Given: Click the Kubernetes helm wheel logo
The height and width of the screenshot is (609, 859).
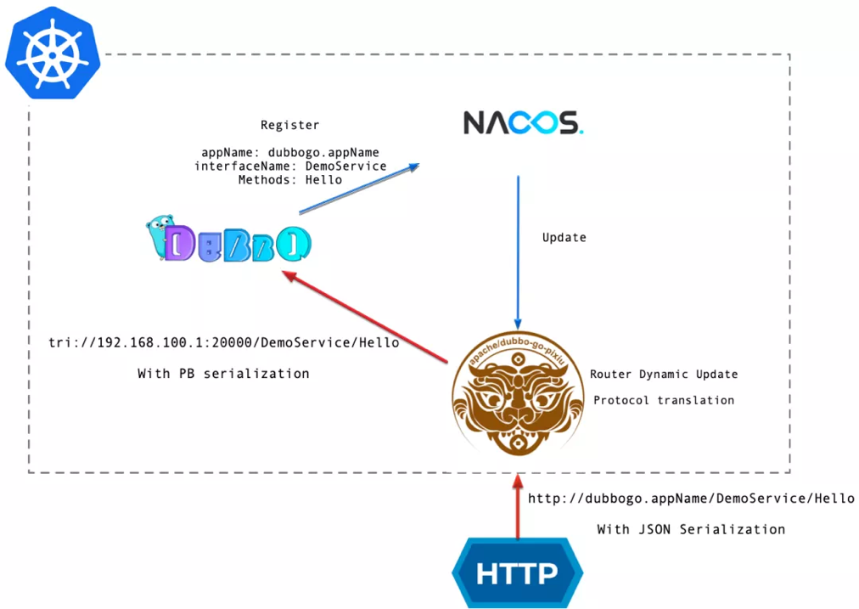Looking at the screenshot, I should (x=53, y=53).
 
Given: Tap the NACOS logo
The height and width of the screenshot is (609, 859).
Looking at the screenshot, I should (x=523, y=123).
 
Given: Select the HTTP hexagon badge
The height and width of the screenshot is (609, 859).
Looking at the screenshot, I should (x=517, y=573).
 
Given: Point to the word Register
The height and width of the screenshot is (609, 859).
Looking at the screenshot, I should (x=289, y=125).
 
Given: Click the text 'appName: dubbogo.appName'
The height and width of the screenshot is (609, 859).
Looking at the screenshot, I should (x=289, y=153).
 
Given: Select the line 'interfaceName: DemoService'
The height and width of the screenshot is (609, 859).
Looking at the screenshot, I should (x=289, y=166).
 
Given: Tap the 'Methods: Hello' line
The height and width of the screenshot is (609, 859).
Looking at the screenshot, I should (x=289, y=180).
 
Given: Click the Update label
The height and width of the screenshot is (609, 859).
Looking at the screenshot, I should (x=564, y=237).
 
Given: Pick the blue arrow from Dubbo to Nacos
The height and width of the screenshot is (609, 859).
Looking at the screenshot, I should (x=359, y=189).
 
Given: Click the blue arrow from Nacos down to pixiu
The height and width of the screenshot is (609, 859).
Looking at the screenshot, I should (x=518, y=246).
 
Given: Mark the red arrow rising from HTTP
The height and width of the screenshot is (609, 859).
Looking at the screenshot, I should (x=518, y=507).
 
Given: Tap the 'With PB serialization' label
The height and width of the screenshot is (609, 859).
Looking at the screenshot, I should (x=223, y=374).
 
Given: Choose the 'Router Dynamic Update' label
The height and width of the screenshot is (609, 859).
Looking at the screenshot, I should (x=664, y=375).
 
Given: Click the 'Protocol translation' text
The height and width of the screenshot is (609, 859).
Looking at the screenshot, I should (x=664, y=400).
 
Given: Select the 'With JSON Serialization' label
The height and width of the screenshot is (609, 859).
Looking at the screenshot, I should (x=691, y=529).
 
